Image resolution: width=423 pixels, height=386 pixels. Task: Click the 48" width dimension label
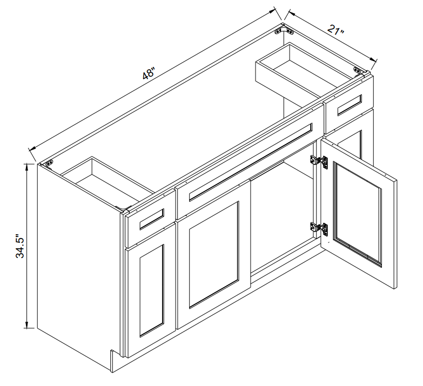pyautogui.click(x=148, y=73)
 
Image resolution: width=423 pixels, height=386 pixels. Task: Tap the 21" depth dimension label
pyautogui.click(x=335, y=30)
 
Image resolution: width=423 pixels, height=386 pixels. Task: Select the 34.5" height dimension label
pyautogui.click(x=20, y=246)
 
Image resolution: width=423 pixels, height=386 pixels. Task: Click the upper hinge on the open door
pyautogui.click(x=319, y=161)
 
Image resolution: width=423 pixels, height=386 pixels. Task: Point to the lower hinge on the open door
pyautogui.click(x=319, y=228)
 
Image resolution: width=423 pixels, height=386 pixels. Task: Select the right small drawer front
pyautogui.click(x=349, y=105)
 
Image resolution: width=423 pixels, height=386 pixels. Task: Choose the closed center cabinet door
pyautogui.click(x=213, y=255)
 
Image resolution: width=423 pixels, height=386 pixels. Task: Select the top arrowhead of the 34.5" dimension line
pyautogui.click(x=26, y=167)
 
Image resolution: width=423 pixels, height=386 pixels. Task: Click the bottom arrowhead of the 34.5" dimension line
pyautogui.click(x=26, y=324)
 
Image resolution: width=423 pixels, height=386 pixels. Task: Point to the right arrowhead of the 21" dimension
pyautogui.click(x=373, y=60)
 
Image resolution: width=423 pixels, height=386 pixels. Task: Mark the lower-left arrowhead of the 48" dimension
pyautogui.click(x=32, y=148)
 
